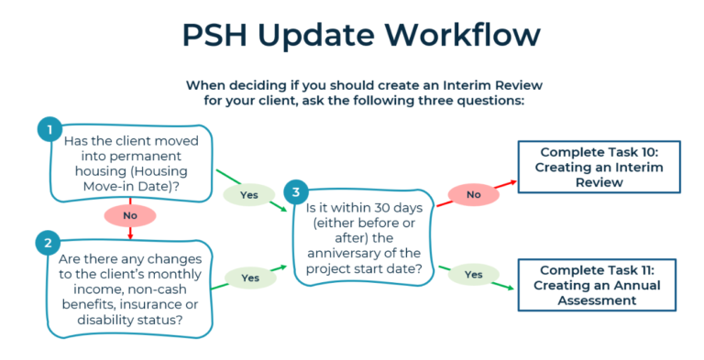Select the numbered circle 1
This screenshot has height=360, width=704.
coord(49,129)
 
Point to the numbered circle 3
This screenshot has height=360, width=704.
coord(294,191)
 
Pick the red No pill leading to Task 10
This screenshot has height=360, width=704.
coord(474,194)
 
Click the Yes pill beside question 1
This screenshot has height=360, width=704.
coord(248,194)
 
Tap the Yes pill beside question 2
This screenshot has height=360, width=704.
coord(249,277)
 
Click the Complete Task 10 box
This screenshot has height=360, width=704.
coord(601,167)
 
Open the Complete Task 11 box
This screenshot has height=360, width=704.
coord(601,285)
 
